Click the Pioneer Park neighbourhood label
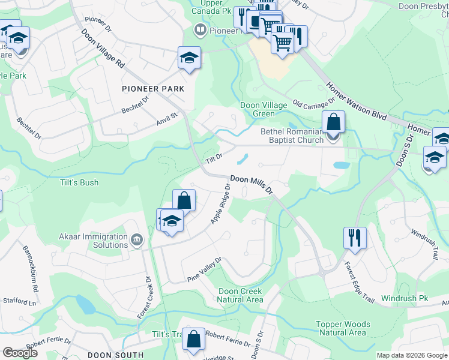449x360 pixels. pyautogui.click(x=152, y=89)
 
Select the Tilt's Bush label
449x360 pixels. pyautogui.click(x=79, y=182)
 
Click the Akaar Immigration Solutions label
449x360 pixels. pyautogui.click(x=94, y=241)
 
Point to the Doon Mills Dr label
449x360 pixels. pyautogui.click(x=252, y=184)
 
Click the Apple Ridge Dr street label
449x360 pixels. pyautogui.click(x=220, y=205)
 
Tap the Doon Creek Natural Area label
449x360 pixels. pyautogui.click(x=240, y=295)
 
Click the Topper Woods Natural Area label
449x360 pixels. pyautogui.click(x=343, y=328)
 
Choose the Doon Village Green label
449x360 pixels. pyautogui.click(x=264, y=109)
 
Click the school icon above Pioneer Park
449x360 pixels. pyautogui.click(x=189, y=58)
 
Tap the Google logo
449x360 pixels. pyautogui.click(x=20, y=353)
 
